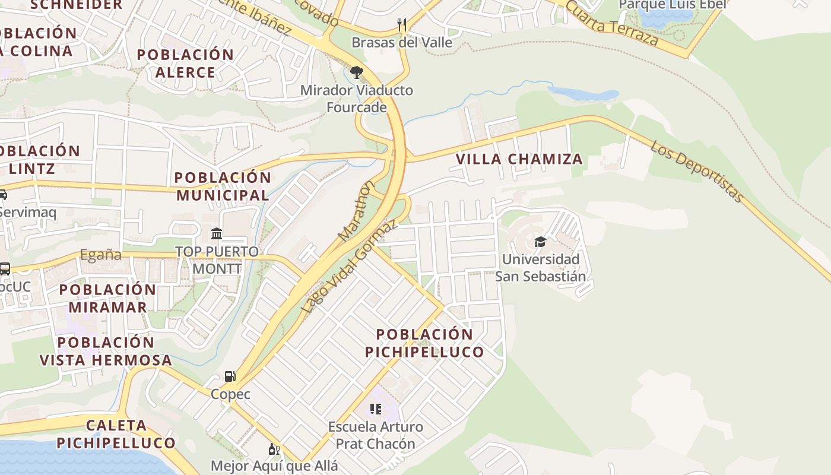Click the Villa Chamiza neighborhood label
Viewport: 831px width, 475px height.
pos(519,159)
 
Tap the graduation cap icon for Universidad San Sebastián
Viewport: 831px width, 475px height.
pos(540,242)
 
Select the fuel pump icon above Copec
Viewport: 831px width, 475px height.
pos(230,376)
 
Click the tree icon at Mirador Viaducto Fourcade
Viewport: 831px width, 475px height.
pos(356,72)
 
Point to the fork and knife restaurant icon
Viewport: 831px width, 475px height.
pos(402,24)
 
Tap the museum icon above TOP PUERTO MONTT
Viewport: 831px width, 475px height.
pos(217,233)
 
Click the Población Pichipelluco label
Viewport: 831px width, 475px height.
pos(424,343)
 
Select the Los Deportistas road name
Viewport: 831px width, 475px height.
pos(697,171)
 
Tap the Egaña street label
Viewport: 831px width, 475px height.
pos(101,255)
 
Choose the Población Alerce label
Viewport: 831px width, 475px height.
pos(185,64)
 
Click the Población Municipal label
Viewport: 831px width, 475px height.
pos(223,186)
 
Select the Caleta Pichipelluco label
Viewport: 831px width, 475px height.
pos(116,434)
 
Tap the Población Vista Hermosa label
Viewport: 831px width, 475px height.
pos(106,351)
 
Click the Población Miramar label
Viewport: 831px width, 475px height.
pos(107,298)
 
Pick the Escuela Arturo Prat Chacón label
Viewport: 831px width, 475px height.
pos(375,435)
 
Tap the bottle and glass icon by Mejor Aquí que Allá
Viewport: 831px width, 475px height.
pos(274,449)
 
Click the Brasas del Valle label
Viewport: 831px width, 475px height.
pos(401,43)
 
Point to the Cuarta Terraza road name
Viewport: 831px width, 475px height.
pos(611,23)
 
